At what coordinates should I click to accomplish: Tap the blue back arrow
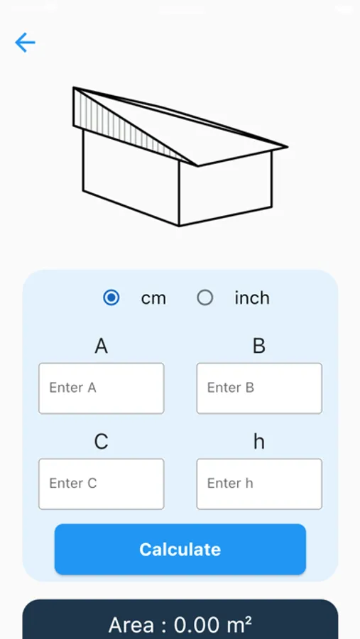(x=25, y=43)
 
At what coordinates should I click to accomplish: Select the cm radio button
(x=111, y=298)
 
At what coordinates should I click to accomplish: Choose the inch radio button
(x=204, y=298)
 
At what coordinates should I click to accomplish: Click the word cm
(x=153, y=299)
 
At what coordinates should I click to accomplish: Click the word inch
(x=252, y=298)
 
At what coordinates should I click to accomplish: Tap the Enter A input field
(x=101, y=388)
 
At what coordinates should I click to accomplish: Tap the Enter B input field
(x=259, y=388)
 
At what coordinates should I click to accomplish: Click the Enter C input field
(x=101, y=484)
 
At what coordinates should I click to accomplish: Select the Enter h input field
(x=259, y=484)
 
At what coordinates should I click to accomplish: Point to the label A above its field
(x=101, y=346)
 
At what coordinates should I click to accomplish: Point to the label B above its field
(x=259, y=346)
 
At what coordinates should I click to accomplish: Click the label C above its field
(x=101, y=442)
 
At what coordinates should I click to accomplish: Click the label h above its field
(x=259, y=442)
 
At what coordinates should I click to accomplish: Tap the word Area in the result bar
(x=131, y=625)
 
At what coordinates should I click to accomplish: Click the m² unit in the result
(x=239, y=624)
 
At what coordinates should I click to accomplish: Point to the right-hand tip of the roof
(x=288, y=147)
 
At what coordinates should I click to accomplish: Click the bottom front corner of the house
(x=180, y=225)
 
